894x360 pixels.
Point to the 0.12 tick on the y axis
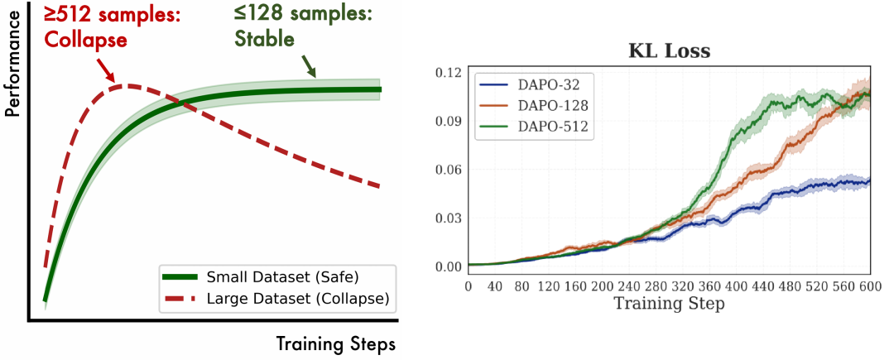pos(448,73)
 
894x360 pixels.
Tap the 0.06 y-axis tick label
pos(448,170)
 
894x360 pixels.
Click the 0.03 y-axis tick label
pos(448,218)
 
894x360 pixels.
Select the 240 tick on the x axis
pos(629,286)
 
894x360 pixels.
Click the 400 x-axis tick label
pos(736,286)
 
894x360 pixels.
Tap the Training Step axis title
pos(669,304)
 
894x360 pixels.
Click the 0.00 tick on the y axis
pos(448,266)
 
